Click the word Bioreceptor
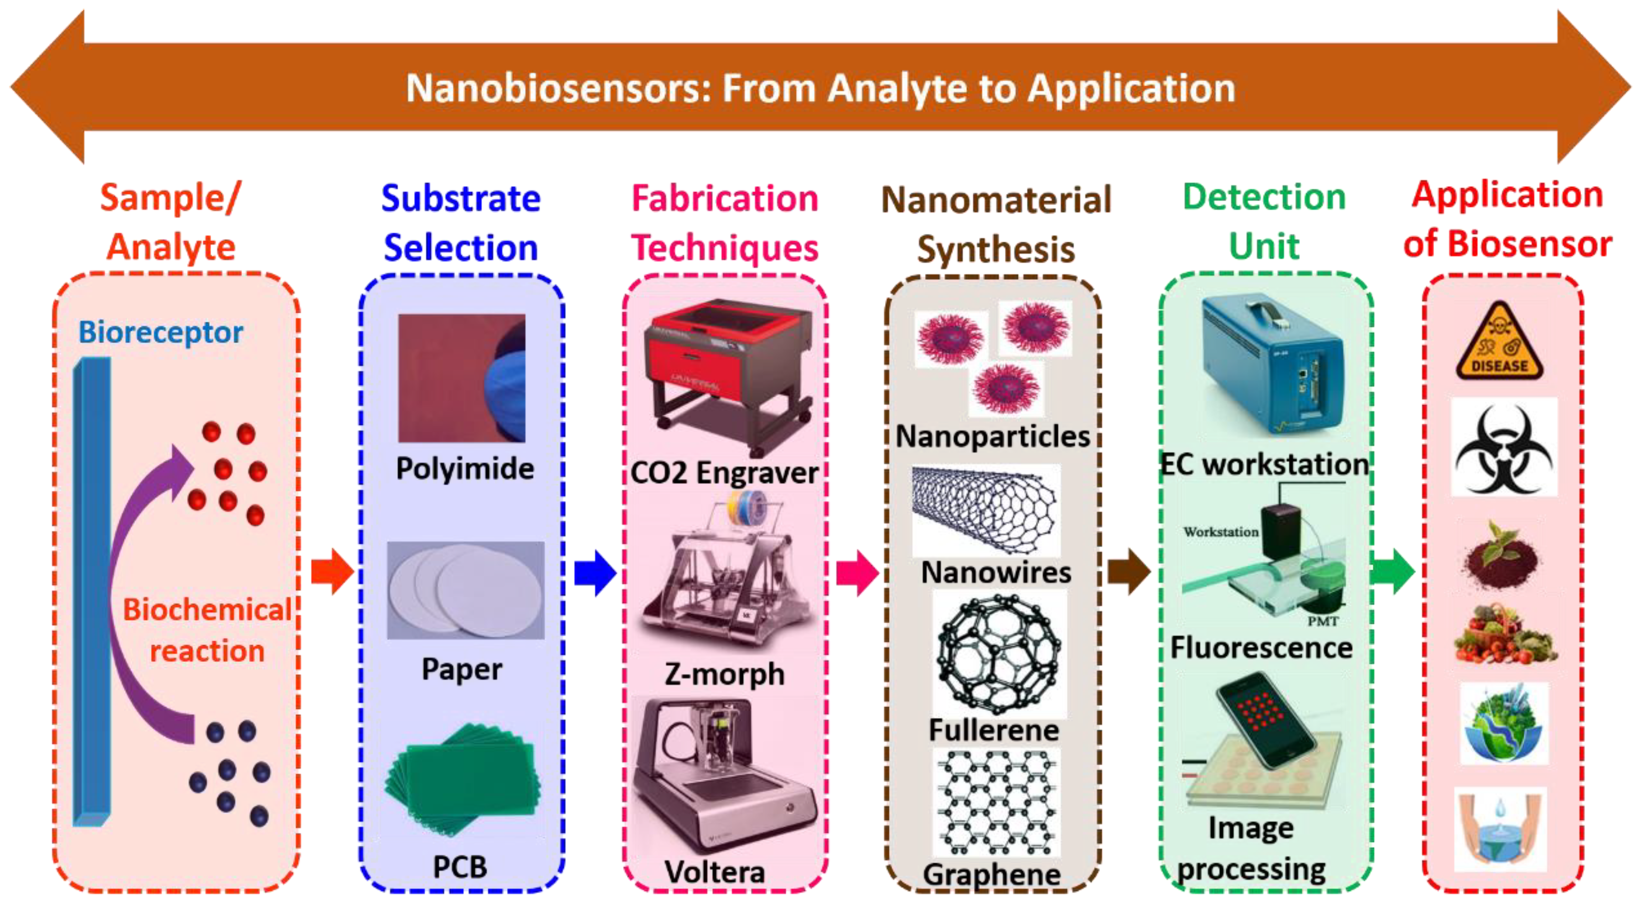(160, 332)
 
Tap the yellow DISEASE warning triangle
(1500, 344)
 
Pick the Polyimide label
(465, 469)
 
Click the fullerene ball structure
(998, 654)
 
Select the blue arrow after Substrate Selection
(595, 573)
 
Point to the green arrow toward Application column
(1392, 572)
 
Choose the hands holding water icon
(1500, 829)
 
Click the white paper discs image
(466, 590)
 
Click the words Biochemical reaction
(207, 630)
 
